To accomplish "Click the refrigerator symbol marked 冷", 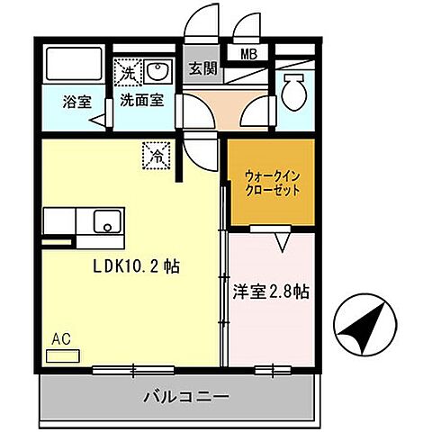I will coord(155,156).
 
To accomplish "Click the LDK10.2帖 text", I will coord(135,266).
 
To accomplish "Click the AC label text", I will coord(60,339).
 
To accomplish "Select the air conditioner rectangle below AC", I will coord(62,355).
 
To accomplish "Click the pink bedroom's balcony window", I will coord(266,368).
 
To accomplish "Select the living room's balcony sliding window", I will coord(133,368).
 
